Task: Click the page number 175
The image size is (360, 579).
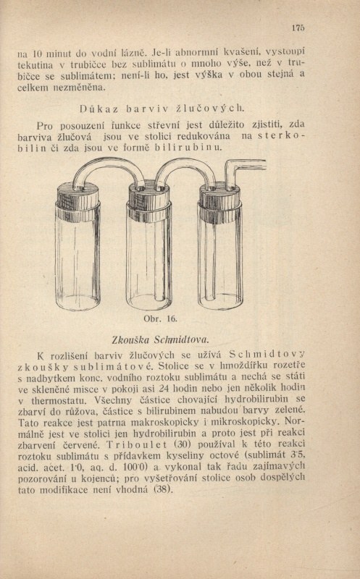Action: pos(298,29)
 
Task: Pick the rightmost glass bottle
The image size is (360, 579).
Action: pos(220,253)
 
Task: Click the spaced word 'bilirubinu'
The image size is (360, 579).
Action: pos(184,148)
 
